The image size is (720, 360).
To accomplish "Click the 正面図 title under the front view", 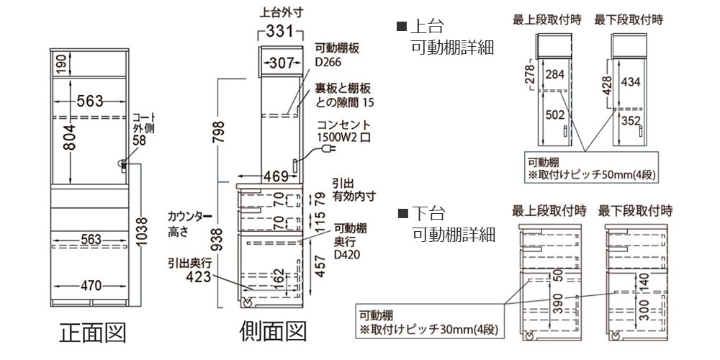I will (93, 332).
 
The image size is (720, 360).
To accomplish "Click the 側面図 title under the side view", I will (273, 332).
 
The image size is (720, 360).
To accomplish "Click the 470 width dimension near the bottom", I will (89, 285).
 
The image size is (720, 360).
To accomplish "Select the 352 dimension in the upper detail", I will (629, 121).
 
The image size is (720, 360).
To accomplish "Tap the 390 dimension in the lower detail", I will (559, 303).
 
